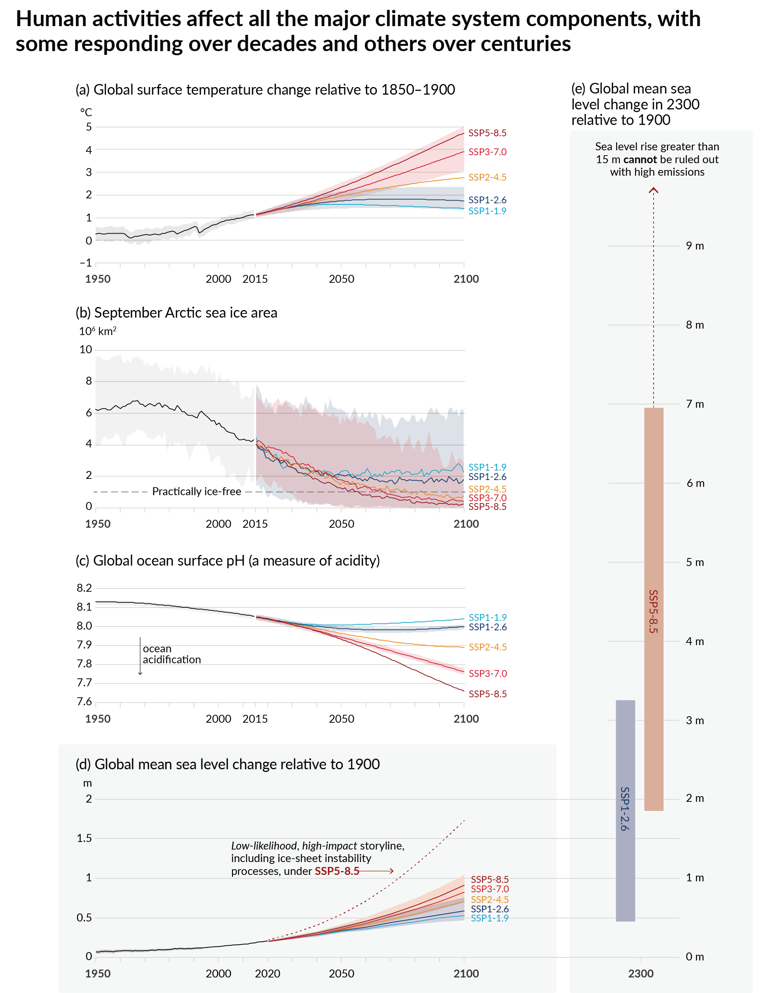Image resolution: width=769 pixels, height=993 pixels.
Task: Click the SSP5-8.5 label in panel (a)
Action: pyautogui.click(x=487, y=133)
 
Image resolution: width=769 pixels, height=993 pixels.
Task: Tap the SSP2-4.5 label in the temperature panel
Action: pyautogui.click(x=487, y=177)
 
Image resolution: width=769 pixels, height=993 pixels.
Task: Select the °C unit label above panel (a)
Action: pyautogui.click(x=86, y=112)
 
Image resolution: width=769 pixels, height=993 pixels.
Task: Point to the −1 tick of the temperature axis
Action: pyautogui.click(x=86, y=263)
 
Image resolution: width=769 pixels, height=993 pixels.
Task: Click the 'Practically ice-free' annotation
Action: pyautogui.click(x=196, y=491)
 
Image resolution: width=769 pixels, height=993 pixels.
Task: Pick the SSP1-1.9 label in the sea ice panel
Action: pyautogui.click(x=487, y=467)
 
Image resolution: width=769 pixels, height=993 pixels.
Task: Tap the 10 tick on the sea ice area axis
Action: pyautogui.click(x=86, y=350)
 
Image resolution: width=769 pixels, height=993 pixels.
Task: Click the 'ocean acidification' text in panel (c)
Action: pyautogui.click(x=171, y=654)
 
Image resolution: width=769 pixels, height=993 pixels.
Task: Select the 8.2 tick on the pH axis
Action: pyautogui.click(x=84, y=588)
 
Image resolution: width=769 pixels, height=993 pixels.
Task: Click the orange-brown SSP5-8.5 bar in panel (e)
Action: pyautogui.click(x=653, y=609)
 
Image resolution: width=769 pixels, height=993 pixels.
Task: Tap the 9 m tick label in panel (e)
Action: pyautogui.click(x=694, y=246)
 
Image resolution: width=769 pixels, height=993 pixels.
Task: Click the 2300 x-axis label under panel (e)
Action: pyautogui.click(x=640, y=973)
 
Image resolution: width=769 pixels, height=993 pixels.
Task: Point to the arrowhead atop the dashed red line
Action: pyautogui.click(x=653, y=190)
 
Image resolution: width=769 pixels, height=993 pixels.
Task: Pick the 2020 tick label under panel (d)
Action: pyautogui.click(x=267, y=973)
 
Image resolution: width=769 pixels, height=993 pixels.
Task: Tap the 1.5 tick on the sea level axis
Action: pyautogui.click(x=84, y=838)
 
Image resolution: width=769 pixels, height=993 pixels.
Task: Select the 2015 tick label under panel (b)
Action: pyautogui.click(x=255, y=524)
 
